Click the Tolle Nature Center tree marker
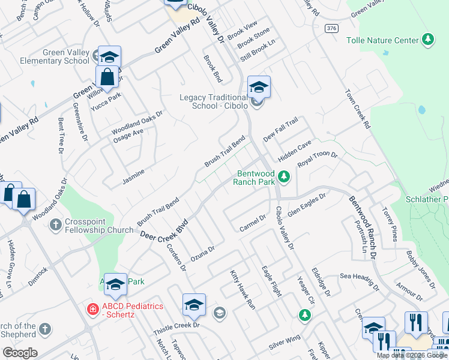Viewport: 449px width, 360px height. pyautogui.click(x=427, y=40)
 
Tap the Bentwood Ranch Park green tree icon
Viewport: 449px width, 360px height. pyautogui.click(x=284, y=177)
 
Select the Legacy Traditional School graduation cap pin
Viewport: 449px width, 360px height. pyautogui.click(x=259, y=88)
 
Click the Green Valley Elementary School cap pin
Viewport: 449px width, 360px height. pyautogui.click(x=109, y=58)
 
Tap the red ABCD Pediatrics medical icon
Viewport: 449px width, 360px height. pyautogui.click(x=93, y=310)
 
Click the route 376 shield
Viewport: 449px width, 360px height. pyautogui.click(x=331, y=28)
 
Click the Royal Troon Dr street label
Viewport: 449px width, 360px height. pyautogui.click(x=318, y=163)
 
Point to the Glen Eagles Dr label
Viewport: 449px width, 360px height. pyautogui.click(x=306, y=204)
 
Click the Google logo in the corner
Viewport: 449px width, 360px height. pyautogui.click(x=20, y=353)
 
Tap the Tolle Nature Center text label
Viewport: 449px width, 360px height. pyautogui.click(x=382, y=40)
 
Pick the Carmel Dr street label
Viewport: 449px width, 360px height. pyautogui.click(x=252, y=221)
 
